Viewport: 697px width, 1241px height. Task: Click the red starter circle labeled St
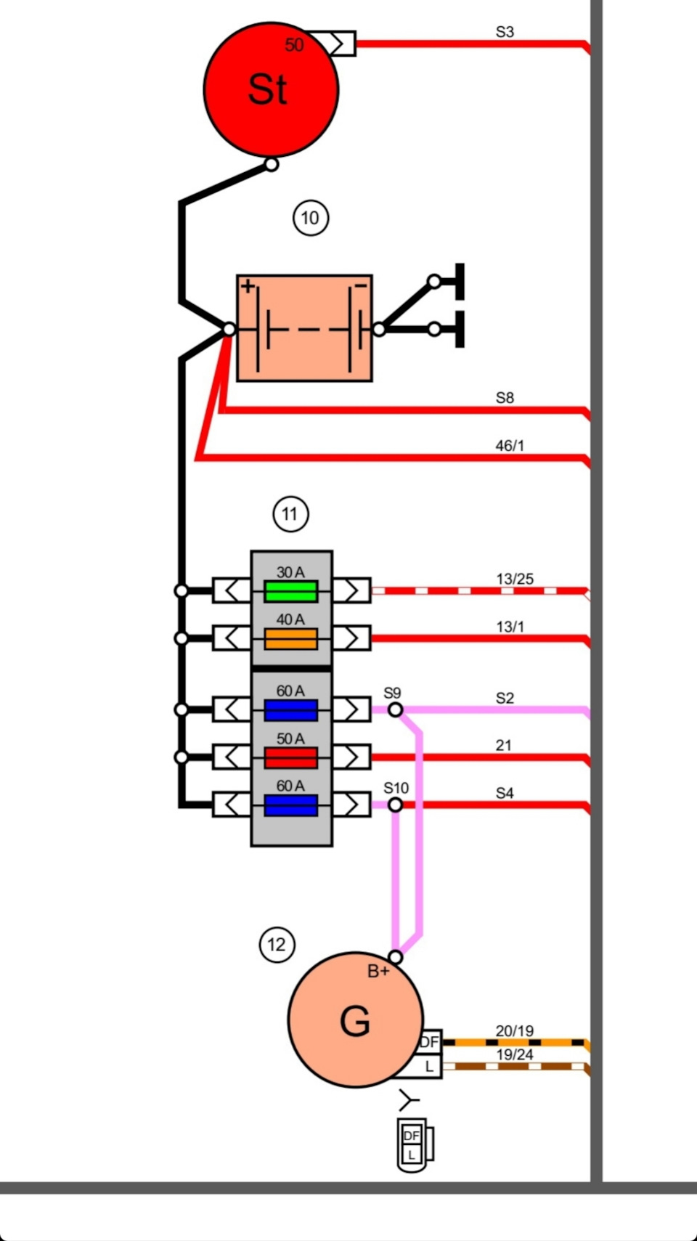[x=271, y=89]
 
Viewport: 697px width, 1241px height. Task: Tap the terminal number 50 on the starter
[x=294, y=45]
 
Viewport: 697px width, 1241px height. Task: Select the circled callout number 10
[x=311, y=218]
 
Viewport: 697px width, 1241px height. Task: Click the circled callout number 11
[x=290, y=515]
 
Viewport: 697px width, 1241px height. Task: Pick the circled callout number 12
[x=277, y=945]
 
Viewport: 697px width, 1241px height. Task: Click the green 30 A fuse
[x=290, y=591]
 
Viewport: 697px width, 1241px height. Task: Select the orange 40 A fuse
[x=290, y=639]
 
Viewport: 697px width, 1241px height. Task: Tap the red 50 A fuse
[x=290, y=758]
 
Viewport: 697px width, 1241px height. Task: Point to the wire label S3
[x=505, y=32]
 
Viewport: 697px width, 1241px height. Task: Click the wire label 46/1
[x=510, y=446]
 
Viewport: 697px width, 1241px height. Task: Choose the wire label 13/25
[x=515, y=579]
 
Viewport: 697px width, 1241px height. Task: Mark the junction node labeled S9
[x=395, y=709]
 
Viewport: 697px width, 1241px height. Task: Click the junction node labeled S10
[x=395, y=805]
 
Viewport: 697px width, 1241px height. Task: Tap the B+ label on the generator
[x=378, y=972]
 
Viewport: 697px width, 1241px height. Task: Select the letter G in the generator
[x=355, y=1022]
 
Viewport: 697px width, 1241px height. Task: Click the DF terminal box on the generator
[x=430, y=1042]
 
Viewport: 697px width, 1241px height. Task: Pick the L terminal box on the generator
[x=430, y=1067]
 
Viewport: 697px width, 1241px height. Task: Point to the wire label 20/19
[x=515, y=1031]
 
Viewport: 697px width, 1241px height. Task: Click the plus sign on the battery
[x=248, y=286]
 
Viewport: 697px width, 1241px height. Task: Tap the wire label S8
[x=505, y=398]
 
